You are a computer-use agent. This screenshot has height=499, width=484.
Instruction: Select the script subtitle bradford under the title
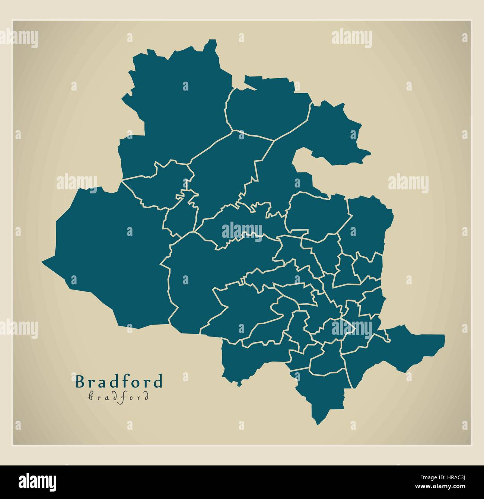pyautogui.click(x=119, y=397)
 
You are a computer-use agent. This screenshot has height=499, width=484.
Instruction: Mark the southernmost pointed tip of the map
pyautogui.click(x=318, y=424)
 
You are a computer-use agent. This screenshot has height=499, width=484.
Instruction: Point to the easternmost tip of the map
pyautogui.click(x=445, y=336)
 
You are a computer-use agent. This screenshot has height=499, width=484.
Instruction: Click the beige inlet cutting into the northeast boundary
pyautogui.click(x=309, y=164)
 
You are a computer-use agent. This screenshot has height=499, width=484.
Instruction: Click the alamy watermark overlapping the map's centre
pyautogui.click(x=242, y=231)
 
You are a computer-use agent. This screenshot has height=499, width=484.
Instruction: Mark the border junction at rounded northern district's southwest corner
pyautogui.click(x=232, y=130)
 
